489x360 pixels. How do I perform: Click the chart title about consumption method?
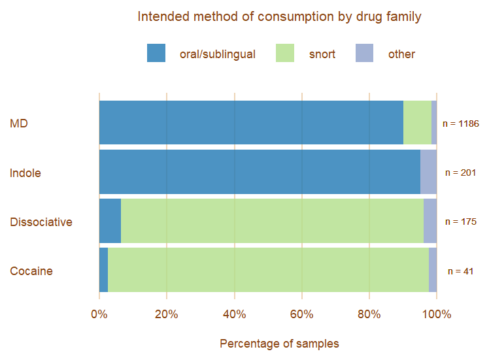279,16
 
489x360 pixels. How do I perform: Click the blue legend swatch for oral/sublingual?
156,54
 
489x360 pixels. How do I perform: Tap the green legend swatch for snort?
285,54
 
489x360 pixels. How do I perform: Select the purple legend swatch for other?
364,54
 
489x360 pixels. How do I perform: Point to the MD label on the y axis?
19,123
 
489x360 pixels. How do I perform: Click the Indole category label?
25,173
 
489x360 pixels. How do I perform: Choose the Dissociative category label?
41,222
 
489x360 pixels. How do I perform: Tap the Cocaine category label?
31,271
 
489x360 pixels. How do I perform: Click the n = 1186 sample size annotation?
461,123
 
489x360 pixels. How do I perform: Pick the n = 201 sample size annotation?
461,173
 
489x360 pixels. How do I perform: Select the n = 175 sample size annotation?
461,222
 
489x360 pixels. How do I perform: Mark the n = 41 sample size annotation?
461,271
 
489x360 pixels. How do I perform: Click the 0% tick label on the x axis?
99,314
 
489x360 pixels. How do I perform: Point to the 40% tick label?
234,314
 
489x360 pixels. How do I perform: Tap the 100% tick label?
436,314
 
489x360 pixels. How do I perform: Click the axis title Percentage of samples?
279,344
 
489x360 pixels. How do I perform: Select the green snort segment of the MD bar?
417,122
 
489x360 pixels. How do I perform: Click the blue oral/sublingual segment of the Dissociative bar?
110,221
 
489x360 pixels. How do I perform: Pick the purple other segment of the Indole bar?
428,172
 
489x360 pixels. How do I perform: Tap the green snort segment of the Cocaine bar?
268,270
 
